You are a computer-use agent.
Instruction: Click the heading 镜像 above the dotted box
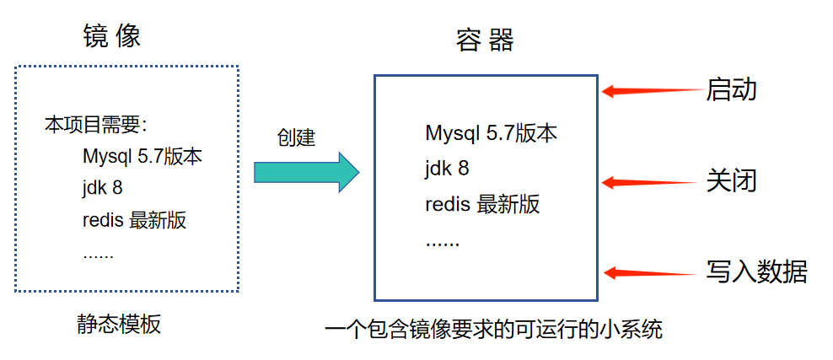click(x=111, y=35)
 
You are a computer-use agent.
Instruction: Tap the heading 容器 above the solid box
click(x=485, y=40)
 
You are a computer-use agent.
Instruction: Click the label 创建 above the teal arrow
click(x=296, y=137)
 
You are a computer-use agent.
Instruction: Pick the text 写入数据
click(x=756, y=271)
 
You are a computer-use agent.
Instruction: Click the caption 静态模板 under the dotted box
click(x=118, y=324)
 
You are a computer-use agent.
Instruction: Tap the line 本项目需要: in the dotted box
click(x=96, y=126)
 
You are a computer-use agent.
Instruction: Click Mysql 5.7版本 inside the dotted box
click(x=142, y=157)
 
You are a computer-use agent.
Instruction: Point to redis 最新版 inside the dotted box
click(x=134, y=221)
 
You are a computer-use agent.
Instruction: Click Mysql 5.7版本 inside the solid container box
click(x=491, y=133)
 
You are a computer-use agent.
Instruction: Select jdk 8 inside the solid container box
click(x=447, y=169)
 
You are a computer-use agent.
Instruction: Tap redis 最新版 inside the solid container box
click(x=482, y=204)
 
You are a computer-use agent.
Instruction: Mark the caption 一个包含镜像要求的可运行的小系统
click(x=493, y=329)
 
